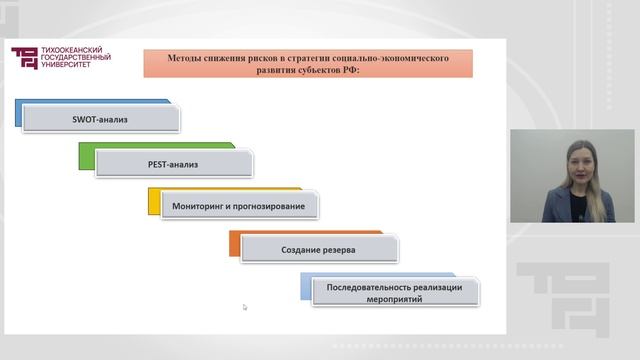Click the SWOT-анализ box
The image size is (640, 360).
tap(100, 120)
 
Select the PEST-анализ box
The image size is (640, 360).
tap(174, 163)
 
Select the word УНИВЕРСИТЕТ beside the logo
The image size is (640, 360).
tap(69, 66)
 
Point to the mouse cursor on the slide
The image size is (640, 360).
tap(245, 307)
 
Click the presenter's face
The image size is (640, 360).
tap(576, 161)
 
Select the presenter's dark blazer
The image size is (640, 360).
tap(560, 208)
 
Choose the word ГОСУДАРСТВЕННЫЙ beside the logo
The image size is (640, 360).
tap(75, 58)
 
